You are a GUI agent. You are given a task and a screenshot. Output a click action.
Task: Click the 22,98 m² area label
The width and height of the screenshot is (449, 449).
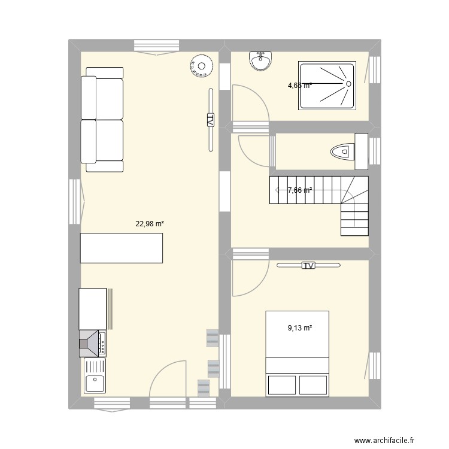tap(150, 224)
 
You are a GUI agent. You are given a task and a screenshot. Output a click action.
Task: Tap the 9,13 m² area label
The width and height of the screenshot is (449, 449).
tap(300, 327)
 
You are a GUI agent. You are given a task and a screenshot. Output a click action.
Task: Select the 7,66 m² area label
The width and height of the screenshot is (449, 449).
tap(300, 190)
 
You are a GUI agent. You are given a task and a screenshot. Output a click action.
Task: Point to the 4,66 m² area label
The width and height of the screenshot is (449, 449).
tap(300, 86)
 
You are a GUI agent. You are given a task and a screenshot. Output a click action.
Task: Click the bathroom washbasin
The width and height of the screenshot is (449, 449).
tap(260, 60)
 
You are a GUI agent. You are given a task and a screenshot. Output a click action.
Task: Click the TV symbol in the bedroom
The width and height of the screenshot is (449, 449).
tap(308, 265)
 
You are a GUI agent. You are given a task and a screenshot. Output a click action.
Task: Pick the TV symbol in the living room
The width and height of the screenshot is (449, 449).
tap(210, 120)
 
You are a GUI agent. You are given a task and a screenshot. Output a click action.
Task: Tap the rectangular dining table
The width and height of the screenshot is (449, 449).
tap(122, 248)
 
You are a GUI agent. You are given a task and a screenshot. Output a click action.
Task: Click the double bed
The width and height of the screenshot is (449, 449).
tap(298, 353)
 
